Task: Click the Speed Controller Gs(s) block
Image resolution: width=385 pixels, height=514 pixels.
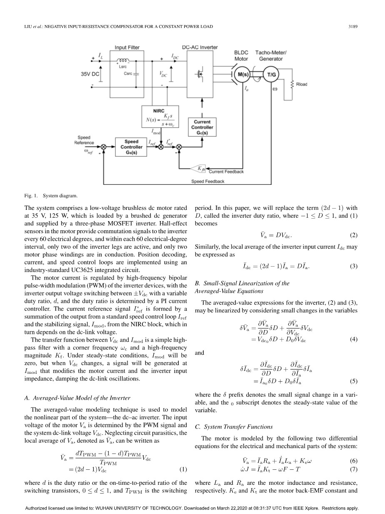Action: pos(131,147)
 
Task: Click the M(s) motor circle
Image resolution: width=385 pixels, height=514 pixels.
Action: pos(242,75)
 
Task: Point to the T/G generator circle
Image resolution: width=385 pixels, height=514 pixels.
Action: pos(271,75)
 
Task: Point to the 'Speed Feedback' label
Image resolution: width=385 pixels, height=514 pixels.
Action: pos(207,181)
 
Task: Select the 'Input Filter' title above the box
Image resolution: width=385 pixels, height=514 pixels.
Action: pos(127,48)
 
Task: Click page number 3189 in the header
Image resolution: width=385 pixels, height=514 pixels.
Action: pos(353,27)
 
